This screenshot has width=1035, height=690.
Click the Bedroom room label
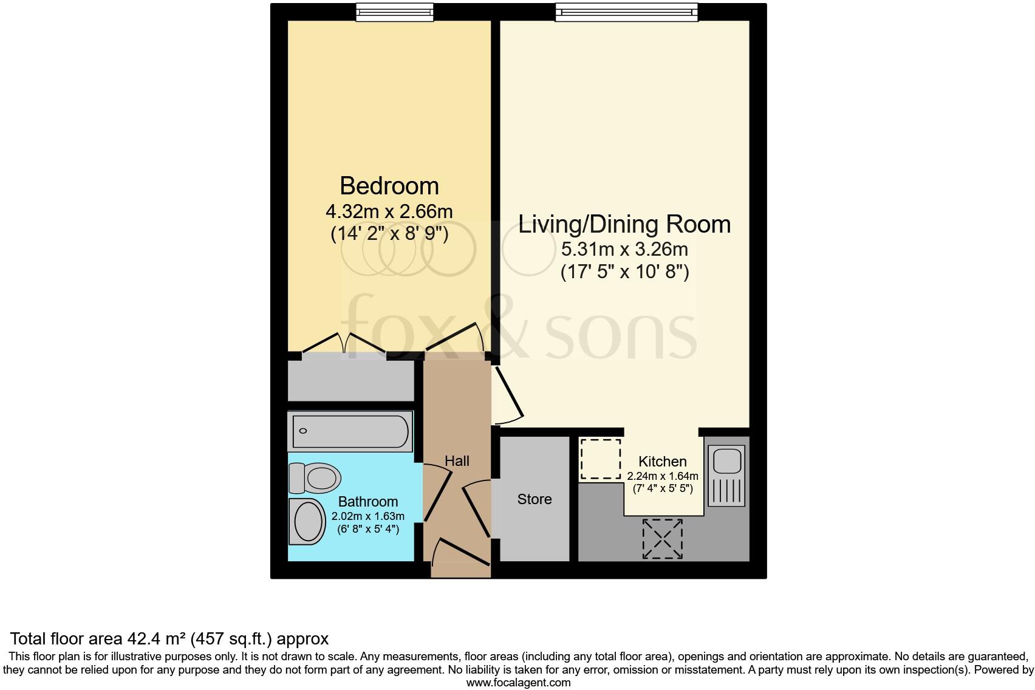coord(389,186)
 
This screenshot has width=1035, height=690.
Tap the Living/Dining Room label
coord(624,224)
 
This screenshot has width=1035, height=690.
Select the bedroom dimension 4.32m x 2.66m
coord(389,211)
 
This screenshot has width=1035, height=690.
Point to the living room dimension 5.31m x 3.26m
coord(624,249)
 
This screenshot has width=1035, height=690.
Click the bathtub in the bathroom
coord(350,431)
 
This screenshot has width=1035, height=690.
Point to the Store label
coord(535,499)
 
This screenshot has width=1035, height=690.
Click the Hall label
coord(457,461)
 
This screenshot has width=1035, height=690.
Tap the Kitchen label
coord(662,462)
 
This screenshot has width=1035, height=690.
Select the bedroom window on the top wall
coord(395,12)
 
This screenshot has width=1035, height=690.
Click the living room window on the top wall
coord(626,12)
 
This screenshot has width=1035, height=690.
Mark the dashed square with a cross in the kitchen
coord(662,539)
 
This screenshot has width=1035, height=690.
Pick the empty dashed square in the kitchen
coord(601,459)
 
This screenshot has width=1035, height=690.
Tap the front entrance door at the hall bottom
coord(460,556)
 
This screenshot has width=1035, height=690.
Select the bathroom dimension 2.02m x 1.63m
coord(367,517)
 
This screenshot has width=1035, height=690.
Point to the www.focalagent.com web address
coord(518,683)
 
